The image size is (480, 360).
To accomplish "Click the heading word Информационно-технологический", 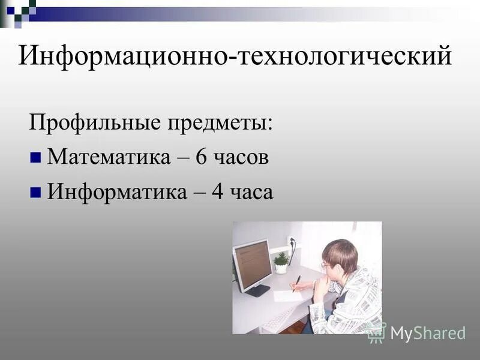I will (235, 57).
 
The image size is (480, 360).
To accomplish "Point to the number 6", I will (201, 158).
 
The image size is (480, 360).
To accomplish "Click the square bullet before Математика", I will (35, 158).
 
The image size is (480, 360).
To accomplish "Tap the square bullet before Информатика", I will (35, 193).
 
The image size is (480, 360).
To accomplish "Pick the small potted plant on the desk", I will (281, 262).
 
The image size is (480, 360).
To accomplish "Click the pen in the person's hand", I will (296, 283).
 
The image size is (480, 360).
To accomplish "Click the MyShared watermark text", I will (428, 332).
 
